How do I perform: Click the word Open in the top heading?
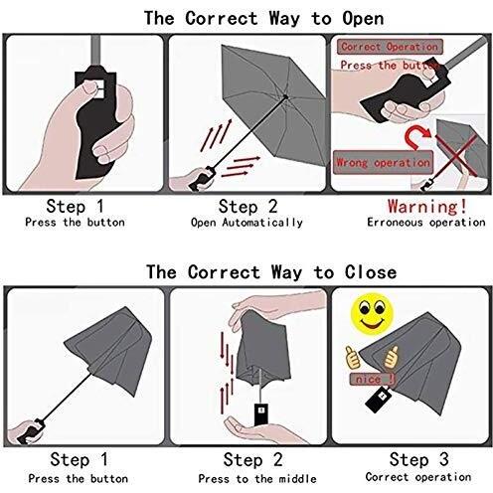pyautogui.click(x=363, y=18)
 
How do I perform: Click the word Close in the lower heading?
pyautogui.click(x=371, y=272)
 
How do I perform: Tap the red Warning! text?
pyautogui.click(x=427, y=206)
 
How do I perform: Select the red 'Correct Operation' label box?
pyautogui.click(x=390, y=47)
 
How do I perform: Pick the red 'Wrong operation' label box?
pyautogui.click(x=383, y=162)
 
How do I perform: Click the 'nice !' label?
pyautogui.click(x=372, y=379)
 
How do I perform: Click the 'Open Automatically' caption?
pyautogui.click(x=246, y=223)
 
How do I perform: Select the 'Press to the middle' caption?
pyautogui.click(x=257, y=479)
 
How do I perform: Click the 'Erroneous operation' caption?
pyautogui.click(x=426, y=223)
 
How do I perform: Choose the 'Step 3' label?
pyautogui.click(x=419, y=459)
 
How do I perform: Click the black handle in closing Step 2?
pyautogui.click(x=261, y=414)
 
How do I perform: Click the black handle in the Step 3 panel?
pyautogui.click(x=378, y=400)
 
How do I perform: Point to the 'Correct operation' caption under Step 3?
pyautogui.click(x=418, y=477)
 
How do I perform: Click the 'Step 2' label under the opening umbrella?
pyautogui.click(x=247, y=207)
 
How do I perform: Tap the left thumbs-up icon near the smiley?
pyautogui.click(x=353, y=357)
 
